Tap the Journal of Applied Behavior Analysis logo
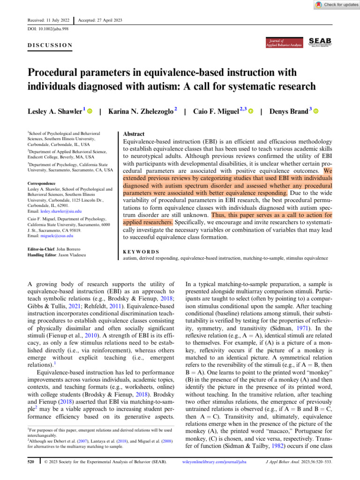pos(283,42)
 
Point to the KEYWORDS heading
pos(141,251)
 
